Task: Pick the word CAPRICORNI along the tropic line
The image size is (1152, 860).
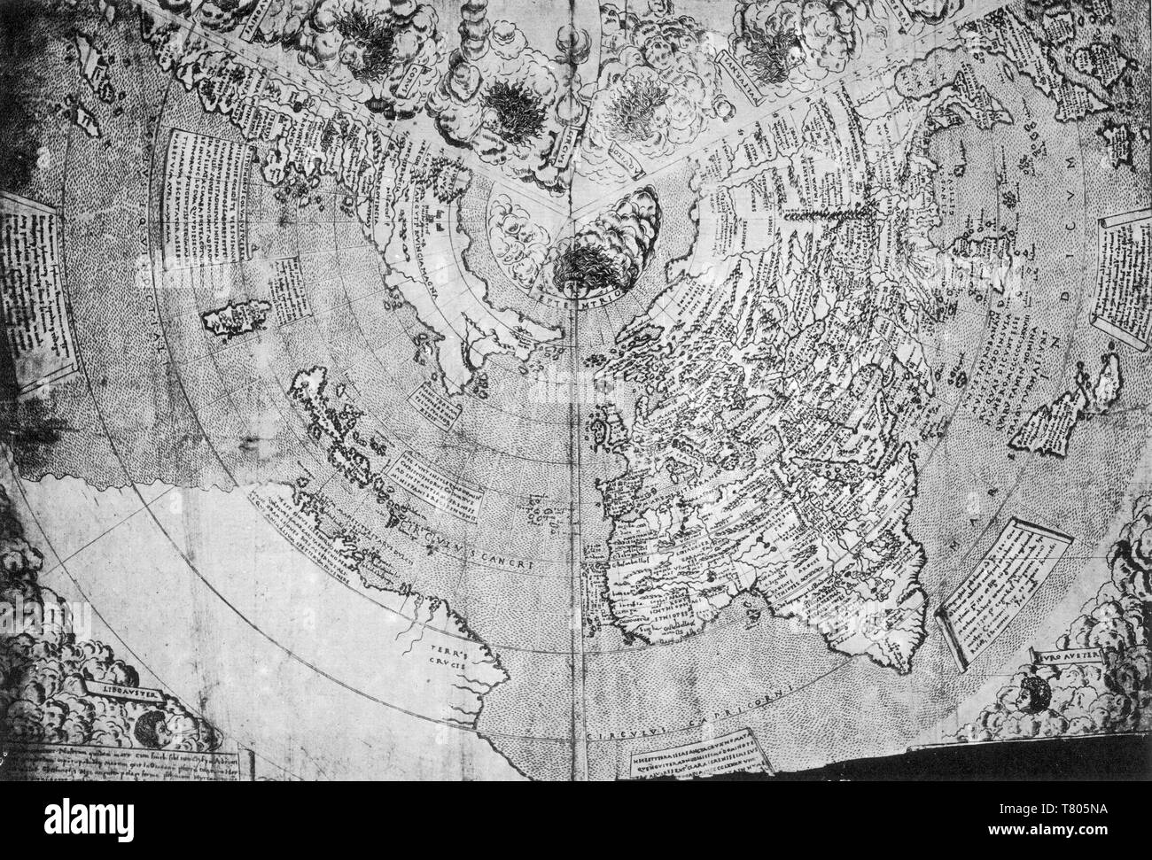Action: (x=696, y=726)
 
